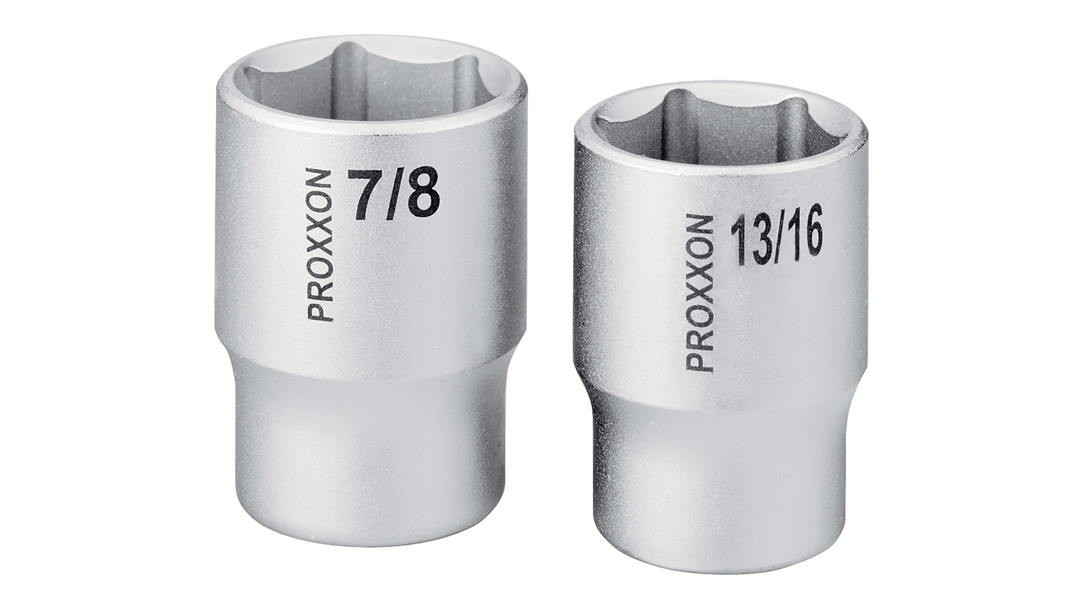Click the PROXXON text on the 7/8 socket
(x=317, y=246)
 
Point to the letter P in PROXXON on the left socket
(x=317, y=311)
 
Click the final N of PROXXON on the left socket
(x=317, y=180)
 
